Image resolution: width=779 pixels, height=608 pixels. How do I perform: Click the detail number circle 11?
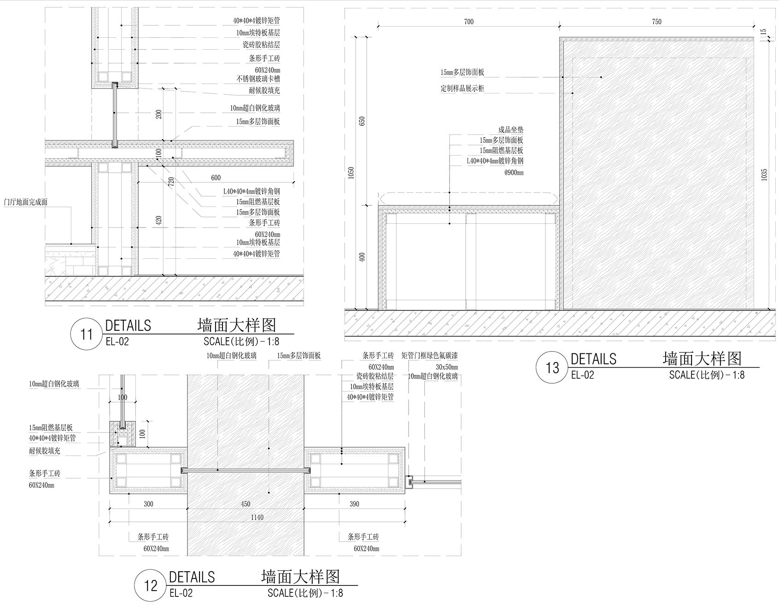87,333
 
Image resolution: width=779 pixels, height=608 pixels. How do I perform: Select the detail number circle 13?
552,368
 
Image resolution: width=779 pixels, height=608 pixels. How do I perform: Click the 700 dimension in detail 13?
469,22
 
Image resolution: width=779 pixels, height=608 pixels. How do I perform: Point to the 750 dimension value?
656,22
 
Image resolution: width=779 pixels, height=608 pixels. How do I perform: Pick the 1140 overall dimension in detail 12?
257,517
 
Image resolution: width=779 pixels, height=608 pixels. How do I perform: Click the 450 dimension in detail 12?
246,504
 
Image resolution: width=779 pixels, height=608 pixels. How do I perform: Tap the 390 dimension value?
354,504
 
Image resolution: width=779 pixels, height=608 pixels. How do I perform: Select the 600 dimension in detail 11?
216,178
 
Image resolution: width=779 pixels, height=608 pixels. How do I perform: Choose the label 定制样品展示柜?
462,88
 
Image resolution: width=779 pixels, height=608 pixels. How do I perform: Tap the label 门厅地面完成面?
26,202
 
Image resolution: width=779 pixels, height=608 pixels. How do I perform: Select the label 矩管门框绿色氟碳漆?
429,356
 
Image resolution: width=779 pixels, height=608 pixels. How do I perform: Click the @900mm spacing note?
514,173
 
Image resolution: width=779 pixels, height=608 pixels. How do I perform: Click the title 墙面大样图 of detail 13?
702,358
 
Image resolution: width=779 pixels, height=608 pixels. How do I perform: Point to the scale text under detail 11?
241,342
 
